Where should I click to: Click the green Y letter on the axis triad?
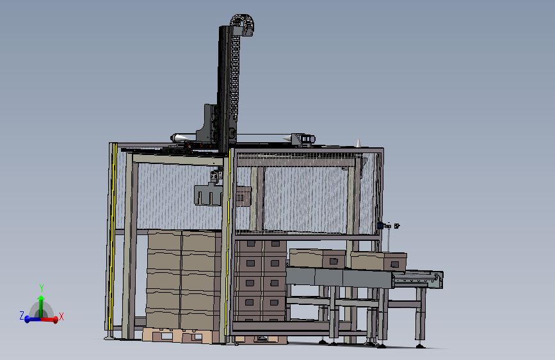point(41,288)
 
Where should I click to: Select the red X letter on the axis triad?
point(61,316)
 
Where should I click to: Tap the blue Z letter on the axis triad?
point(21,316)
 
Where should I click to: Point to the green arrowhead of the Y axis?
point(41,298)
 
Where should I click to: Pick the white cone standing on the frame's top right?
point(358,142)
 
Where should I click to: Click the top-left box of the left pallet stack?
point(165,241)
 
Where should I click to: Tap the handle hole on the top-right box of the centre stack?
point(275,244)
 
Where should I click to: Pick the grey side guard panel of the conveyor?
point(339,277)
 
